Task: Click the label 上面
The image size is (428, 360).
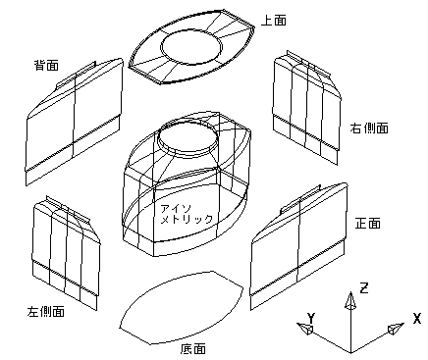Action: click(274, 21)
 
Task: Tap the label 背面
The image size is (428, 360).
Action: click(47, 65)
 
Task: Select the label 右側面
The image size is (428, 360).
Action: click(369, 128)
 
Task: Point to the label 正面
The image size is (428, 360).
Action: click(368, 224)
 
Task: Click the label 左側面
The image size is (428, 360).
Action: click(45, 312)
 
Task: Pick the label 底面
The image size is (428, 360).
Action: click(193, 349)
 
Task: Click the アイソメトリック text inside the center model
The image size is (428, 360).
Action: click(187, 214)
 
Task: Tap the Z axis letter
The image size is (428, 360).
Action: click(364, 288)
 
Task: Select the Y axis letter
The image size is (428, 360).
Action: click(311, 318)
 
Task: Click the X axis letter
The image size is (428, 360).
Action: click(417, 318)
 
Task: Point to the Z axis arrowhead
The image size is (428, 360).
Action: click(350, 300)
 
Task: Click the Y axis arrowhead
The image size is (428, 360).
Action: click(304, 328)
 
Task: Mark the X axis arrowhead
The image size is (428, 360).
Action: click(396, 329)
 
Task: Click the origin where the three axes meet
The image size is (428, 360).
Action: click(350, 352)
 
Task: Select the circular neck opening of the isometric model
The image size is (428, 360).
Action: click(188, 124)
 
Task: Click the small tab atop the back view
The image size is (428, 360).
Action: click(77, 75)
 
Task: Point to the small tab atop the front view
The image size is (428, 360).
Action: click(300, 199)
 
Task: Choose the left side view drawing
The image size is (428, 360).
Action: click(66, 253)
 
